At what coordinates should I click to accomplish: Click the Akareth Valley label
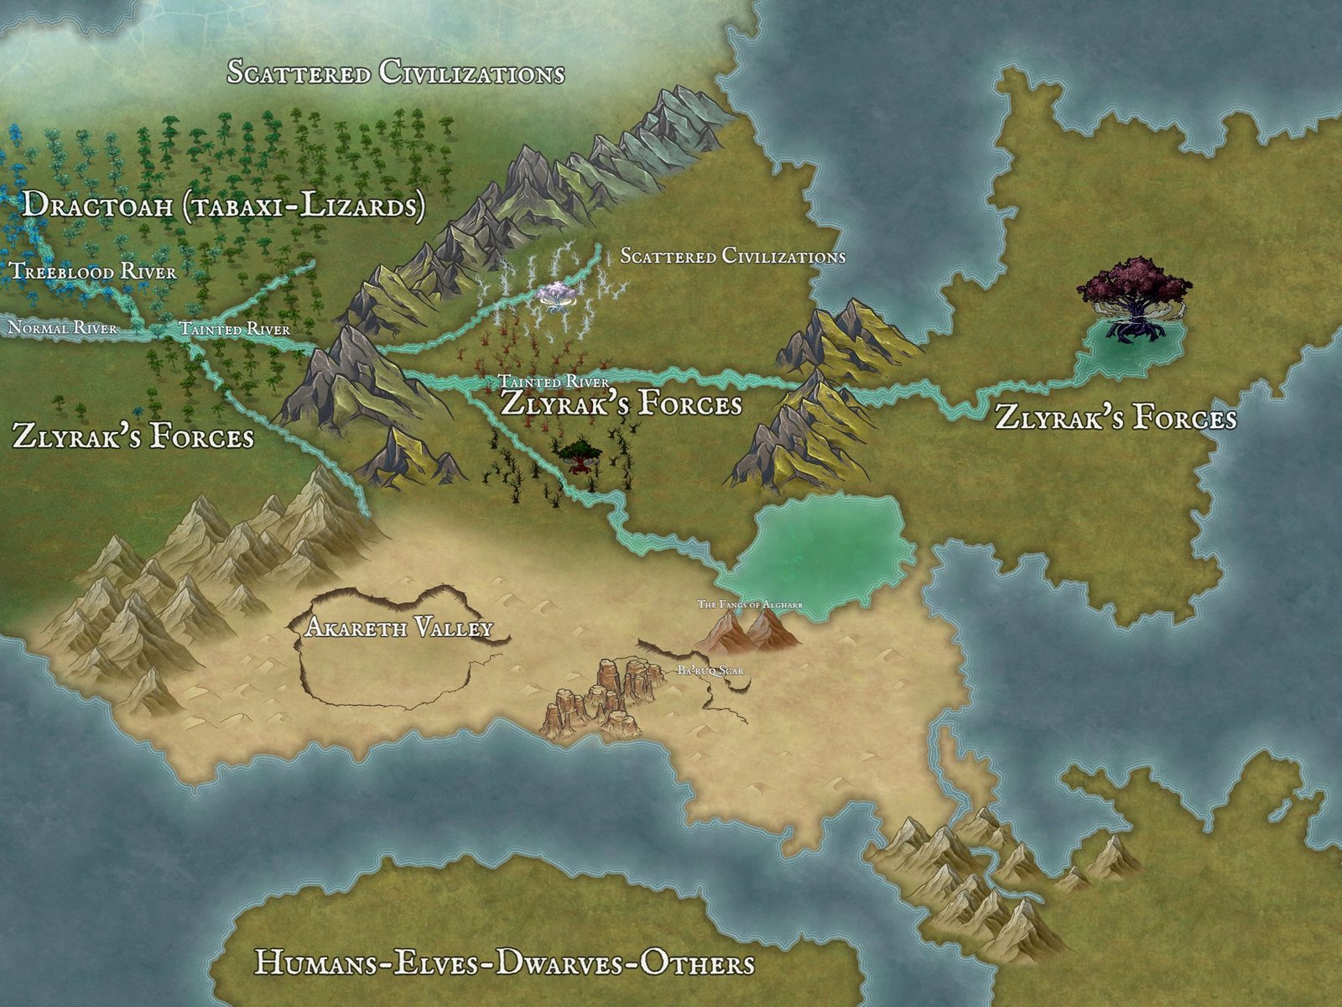pos(398,628)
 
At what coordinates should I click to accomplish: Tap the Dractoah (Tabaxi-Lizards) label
pos(223,206)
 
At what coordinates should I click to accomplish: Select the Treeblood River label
pos(93,271)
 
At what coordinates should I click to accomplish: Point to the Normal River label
pos(62,327)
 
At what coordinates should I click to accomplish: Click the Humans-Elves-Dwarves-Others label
pos(504,963)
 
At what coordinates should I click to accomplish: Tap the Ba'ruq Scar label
pos(710,670)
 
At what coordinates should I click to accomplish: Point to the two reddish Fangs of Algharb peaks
pos(746,631)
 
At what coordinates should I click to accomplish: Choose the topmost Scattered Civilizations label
pos(396,73)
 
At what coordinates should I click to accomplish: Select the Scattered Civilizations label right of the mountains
pos(732,256)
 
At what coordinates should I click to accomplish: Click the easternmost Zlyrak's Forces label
pos(1116,417)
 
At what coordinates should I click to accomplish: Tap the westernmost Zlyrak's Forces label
pos(133,436)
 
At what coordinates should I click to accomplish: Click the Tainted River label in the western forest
pos(235,329)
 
